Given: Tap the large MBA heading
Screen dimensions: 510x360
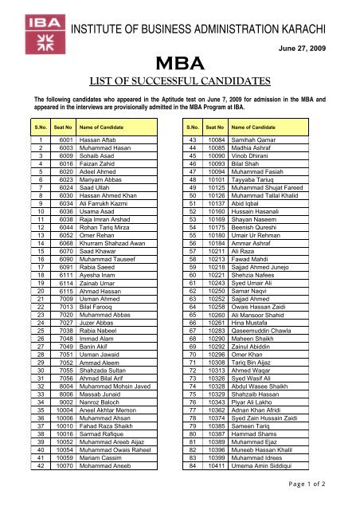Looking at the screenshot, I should [x=180, y=63].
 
